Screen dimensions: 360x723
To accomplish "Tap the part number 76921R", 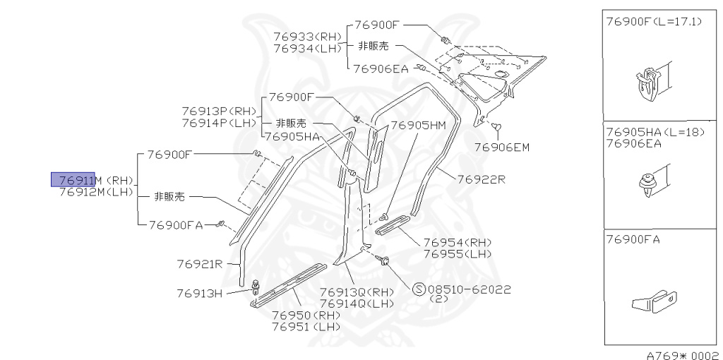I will (x=200, y=265).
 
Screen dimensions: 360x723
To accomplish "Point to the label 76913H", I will (x=200, y=293).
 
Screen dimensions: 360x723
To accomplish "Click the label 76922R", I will (x=482, y=179).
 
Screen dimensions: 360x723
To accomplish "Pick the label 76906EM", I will (x=501, y=147).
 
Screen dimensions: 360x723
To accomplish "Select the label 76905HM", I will (x=418, y=125).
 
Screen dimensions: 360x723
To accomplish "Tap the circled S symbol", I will (x=417, y=289).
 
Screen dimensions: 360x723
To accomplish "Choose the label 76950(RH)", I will (x=306, y=315).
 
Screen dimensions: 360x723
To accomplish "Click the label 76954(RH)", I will (x=458, y=242).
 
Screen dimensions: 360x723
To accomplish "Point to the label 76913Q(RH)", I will (x=357, y=292).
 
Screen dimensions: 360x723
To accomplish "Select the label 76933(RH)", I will (x=307, y=36).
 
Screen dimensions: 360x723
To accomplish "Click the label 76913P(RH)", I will (x=219, y=111).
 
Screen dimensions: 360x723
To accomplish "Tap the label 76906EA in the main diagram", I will (x=381, y=68).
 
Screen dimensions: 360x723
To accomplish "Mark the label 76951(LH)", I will (x=306, y=327).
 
